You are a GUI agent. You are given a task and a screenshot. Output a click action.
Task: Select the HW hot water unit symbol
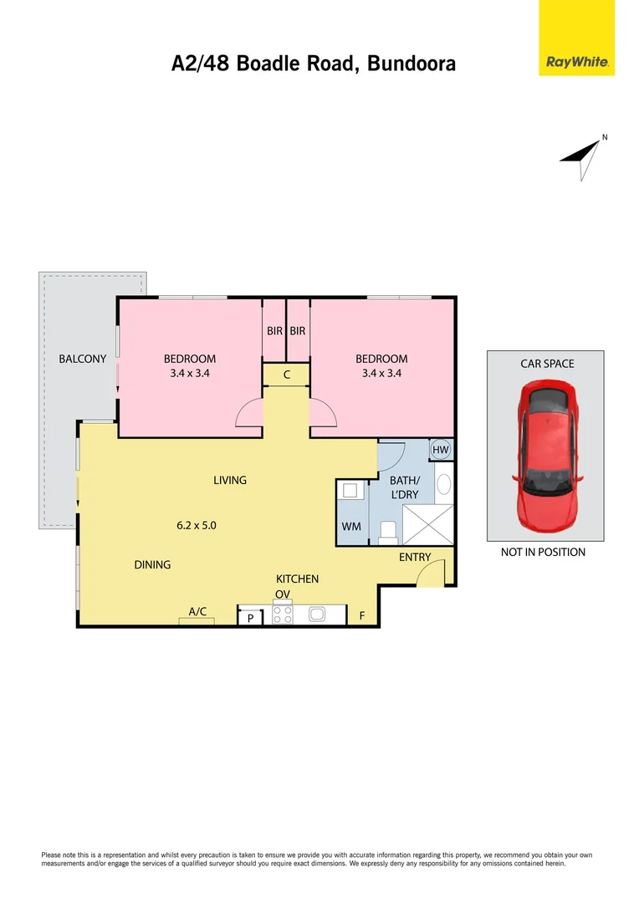(441, 450)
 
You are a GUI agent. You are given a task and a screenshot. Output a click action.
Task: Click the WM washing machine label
(350, 528)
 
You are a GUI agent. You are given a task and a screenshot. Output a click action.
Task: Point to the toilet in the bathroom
(388, 532)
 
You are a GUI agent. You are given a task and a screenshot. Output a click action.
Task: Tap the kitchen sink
(317, 615)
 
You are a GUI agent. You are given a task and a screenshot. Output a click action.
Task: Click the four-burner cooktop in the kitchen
(283, 615)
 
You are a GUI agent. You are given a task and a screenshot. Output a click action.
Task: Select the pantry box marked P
(250, 618)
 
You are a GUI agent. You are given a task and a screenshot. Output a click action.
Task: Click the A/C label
(197, 612)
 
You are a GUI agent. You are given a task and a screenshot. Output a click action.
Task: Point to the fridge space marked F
(362, 616)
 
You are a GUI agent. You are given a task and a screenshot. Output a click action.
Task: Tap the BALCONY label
(82, 359)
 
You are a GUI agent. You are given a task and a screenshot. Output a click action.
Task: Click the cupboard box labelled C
(286, 375)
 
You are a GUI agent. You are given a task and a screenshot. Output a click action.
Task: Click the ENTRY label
(415, 557)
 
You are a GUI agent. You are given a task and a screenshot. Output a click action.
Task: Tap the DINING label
(152, 564)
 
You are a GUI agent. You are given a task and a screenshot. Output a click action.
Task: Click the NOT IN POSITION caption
(543, 552)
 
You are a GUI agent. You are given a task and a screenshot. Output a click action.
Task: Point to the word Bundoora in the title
(411, 64)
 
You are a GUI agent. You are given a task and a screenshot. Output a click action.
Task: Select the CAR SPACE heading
(547, 364)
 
